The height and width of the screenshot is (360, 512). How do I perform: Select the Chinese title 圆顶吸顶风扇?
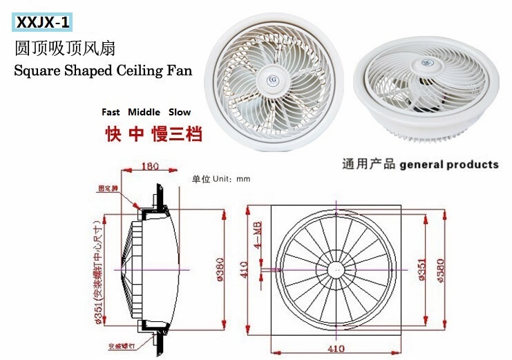coord(64,49)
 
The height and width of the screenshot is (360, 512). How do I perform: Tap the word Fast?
coord(111,112)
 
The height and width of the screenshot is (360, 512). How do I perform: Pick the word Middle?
coord(144,112)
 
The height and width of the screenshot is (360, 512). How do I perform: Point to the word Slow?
coord(178,112)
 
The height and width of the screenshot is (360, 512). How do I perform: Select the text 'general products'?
coord(449,164)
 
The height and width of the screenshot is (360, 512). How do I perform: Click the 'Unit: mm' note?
coord(221,179)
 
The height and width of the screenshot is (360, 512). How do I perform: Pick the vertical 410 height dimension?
coord(243,268)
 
